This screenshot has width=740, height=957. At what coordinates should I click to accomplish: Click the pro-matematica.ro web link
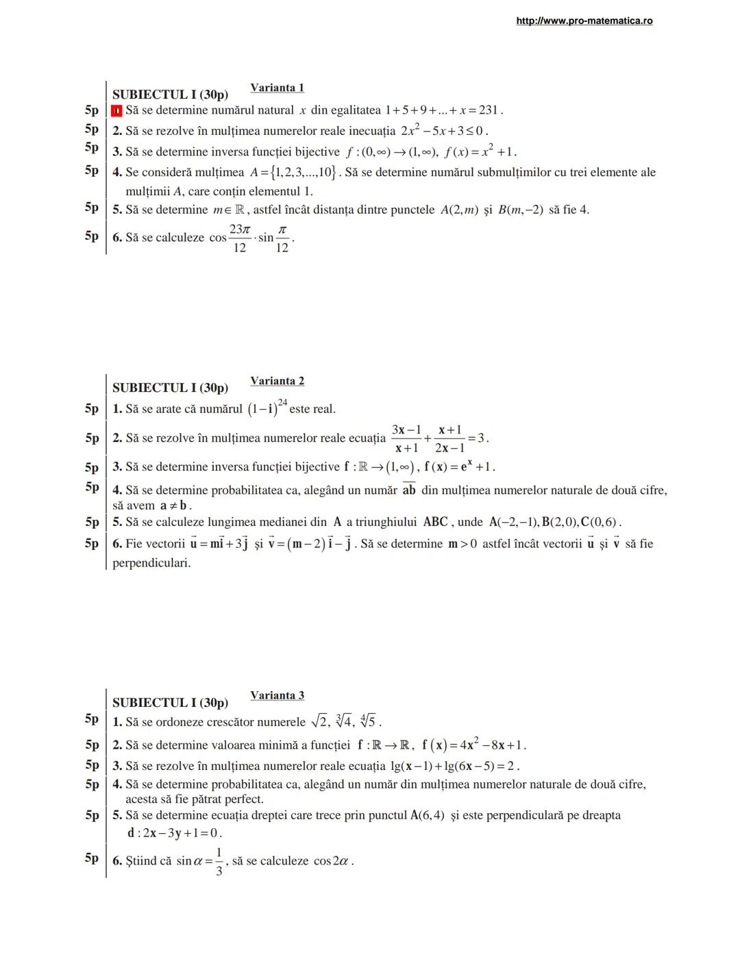tap(584, 21)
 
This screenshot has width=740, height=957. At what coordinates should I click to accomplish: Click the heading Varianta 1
tap(277, 88)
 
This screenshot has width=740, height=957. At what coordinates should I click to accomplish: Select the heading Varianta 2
tap(277, 381)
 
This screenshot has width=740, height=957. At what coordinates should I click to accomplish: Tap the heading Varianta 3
tap(277, 695)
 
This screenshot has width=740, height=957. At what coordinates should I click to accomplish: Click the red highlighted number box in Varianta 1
tap(116, 110)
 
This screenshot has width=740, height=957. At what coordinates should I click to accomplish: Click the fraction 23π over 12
tap(239, 238)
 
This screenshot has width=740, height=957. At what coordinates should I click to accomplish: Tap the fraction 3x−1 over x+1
tap(406, 438)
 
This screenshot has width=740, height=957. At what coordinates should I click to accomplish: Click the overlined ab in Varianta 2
tap(409, 490)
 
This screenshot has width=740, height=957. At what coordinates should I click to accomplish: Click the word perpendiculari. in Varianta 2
tap(151, 563)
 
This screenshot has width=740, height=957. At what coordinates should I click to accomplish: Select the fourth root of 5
tap(368, 721)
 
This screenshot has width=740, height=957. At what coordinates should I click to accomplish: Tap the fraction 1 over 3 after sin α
tap(219, 861)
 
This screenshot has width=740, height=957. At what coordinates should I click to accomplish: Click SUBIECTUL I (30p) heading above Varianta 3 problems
tap(170, 703)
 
